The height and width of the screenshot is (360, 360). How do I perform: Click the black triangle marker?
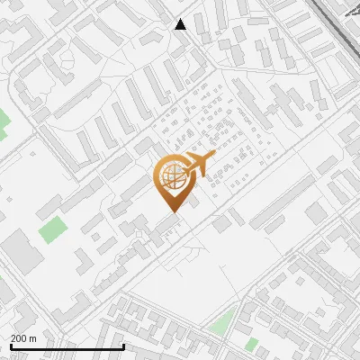pos(181,24)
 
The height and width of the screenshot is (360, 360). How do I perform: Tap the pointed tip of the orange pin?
pos(172,212)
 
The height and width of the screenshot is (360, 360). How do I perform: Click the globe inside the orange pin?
pos(172,175)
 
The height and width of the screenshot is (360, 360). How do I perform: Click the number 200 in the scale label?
pos(19,338)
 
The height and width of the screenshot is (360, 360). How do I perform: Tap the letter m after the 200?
pos(32,338)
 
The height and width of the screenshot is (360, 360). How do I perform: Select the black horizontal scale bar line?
pos(63,347)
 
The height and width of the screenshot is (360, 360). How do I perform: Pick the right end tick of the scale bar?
pos(122,346)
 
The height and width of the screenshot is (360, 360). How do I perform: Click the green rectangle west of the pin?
pos(52,229)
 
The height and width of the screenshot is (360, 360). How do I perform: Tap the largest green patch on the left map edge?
pos(3,121)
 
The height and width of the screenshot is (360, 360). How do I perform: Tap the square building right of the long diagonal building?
pos(316,212)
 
